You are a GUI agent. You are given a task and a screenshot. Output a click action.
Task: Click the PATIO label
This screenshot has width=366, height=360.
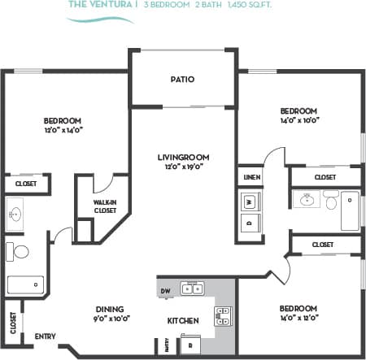click(x=181, y=80)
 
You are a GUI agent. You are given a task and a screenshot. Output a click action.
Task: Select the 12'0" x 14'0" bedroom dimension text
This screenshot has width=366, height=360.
click(x=63, y=129)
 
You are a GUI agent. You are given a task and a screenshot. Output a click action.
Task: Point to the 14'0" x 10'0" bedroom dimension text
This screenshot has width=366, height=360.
click(x=298, y=119)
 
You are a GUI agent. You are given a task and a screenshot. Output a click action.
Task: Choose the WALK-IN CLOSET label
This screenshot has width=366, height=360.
click(x=104, y=206)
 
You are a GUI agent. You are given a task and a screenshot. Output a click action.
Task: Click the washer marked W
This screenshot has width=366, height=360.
click(x=250, y=201)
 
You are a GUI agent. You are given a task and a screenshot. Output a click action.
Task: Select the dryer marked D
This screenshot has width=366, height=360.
click(x=250, y=221)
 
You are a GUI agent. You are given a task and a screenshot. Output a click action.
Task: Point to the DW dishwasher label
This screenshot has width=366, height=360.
click(x=166, y=290)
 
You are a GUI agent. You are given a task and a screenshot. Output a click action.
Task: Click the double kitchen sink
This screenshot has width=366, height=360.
click(x=193, y=288)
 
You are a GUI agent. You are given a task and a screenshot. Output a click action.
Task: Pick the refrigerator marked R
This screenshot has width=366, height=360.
click(x=190, y=345)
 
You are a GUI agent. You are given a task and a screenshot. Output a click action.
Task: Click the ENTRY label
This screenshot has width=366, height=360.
click(x=45, y=336)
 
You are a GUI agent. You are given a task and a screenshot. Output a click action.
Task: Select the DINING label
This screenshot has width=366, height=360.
click(x=109, y=309)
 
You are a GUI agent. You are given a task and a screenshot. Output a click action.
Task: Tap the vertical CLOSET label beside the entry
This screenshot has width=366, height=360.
click(x=13, y=323)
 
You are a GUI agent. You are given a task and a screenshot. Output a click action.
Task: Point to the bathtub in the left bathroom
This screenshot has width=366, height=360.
click(x=25, y=284)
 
